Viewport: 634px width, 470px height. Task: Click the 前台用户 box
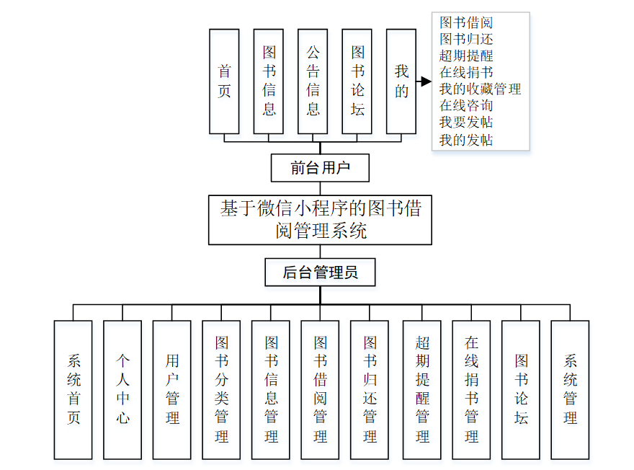(x=320, y=169)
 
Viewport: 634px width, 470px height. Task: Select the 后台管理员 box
(x=320, y=272)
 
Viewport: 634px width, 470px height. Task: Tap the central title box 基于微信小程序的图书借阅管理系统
(x=320, y=220)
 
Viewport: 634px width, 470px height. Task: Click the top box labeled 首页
(x=224, y=81)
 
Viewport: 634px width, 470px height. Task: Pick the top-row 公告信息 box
(x=313, y=81)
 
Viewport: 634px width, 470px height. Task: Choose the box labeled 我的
(x=401, y=81)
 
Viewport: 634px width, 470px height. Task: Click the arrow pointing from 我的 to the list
(x=424, y=81)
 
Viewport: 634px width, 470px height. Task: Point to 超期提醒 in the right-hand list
(x=466, y=56)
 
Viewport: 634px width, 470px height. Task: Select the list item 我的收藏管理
(x=480, y=89)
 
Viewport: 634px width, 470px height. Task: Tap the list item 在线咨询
(x=466, y=105)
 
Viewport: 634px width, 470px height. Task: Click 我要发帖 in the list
(x=466, y=122)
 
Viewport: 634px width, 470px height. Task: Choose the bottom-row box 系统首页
(x=73, y=389)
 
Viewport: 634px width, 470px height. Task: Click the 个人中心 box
(x=122, y=389)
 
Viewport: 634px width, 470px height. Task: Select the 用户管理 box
(x=172, y=389)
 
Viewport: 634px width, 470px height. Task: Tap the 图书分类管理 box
(x=221, y=389)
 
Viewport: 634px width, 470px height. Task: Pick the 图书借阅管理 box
(x=320, y=389)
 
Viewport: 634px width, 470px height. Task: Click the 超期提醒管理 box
(x=422, y=389)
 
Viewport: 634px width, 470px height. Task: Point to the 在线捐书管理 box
(x=471, y=389)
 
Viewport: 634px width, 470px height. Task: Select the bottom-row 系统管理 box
(x=570, y=389)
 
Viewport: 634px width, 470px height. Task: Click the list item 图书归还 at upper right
(x=466, y=39)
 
